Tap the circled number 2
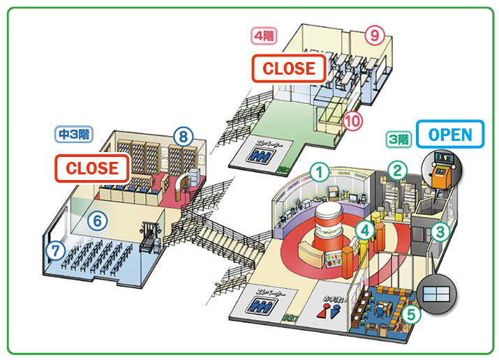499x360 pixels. coord(397,170)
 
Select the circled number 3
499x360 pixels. coord(440,231)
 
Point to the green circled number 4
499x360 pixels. coord(364,228)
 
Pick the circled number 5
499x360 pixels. coord(412,314)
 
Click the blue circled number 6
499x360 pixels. coord(98,221)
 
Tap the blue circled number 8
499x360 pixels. coord(182,136)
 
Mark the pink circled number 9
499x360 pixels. coord(375,34)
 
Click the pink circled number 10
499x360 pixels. coord(353,121)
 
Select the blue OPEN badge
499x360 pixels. coord(449,134)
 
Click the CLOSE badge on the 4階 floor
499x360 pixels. coord(289,68)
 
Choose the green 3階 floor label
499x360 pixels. coord(399,139)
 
